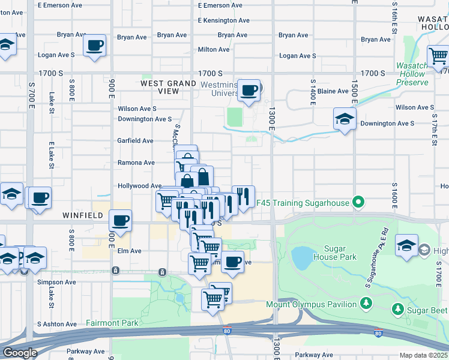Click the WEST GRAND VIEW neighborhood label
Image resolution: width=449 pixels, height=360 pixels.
pos(168,87)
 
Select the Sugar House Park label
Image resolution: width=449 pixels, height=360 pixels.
pos(341,252)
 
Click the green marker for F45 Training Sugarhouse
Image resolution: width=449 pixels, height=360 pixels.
pos(358,203)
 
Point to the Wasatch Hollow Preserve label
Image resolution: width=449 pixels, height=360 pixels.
pos(420,74)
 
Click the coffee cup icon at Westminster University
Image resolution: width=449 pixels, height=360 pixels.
pos(249,91)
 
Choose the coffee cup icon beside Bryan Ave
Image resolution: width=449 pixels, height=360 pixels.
pos(95,45)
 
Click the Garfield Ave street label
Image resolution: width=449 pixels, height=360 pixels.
pos(136,140)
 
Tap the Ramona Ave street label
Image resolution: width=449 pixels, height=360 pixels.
pos(136,163)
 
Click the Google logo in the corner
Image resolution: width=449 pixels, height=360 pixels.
pos(20,353)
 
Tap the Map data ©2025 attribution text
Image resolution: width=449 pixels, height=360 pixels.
pos(423,355)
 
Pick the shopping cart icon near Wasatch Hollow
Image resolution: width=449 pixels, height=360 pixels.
pos(438,57)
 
